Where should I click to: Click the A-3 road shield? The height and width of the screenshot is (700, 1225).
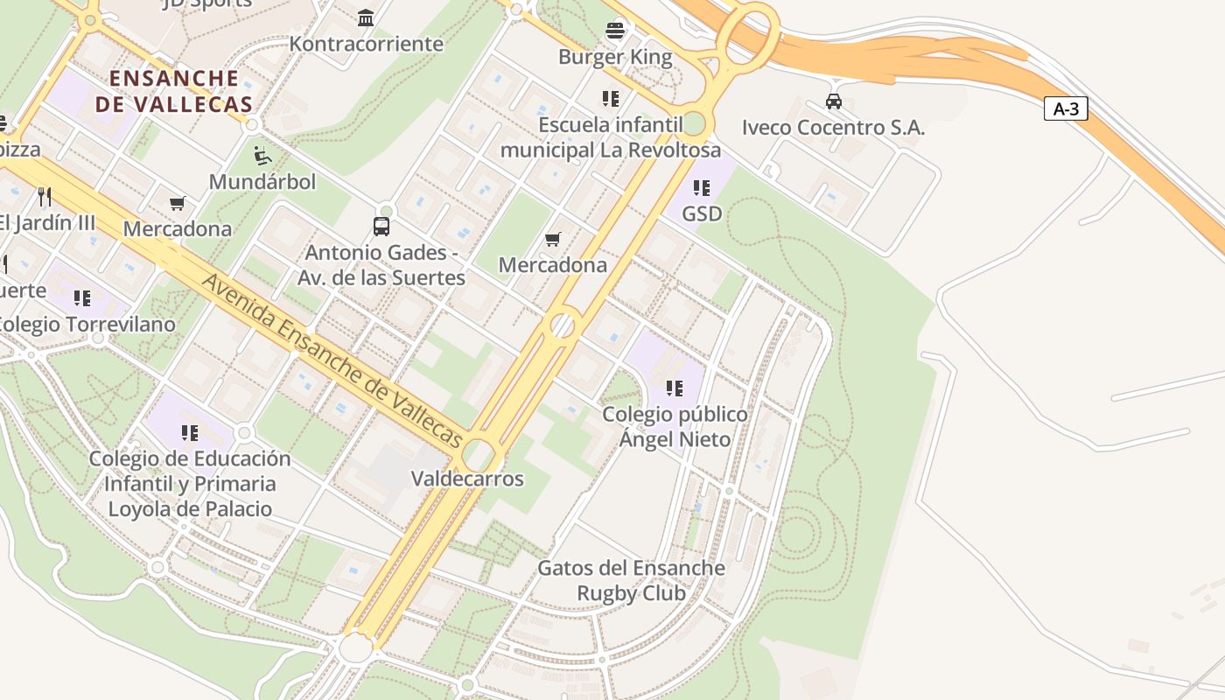coord(1066,109)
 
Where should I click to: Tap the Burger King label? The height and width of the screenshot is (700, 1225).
coord(615,58)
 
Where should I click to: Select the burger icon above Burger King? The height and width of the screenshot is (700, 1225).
coord(615,31)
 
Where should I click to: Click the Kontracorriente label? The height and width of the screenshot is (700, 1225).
coord(366,44)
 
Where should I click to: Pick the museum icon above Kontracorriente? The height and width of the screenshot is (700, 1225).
coord(366,17)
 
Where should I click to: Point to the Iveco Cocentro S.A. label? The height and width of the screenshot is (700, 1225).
coord(833,128)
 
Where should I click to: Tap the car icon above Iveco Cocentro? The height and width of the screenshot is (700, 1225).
coord(833,101)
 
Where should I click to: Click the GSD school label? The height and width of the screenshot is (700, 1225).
coord(702,213)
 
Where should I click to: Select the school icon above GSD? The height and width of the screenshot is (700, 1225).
coord(701,187)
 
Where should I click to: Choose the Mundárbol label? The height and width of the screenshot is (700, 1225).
coord(262,182)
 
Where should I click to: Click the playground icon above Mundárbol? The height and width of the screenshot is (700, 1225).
coord(262,157)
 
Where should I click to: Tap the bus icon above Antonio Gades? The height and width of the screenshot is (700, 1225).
coord(381,227)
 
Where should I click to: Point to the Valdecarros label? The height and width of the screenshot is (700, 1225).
coord(467,479)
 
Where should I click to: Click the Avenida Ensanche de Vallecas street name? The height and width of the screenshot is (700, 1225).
coord(332,360)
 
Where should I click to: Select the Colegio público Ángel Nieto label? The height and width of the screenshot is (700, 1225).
coord(675,426)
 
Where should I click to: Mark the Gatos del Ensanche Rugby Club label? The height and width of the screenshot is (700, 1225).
coord(631,580)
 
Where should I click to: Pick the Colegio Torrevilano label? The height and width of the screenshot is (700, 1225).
coord(83,324)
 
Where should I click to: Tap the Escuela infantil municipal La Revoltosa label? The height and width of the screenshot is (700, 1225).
coord(611,137)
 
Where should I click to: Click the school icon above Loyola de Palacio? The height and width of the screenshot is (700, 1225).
coord(190,432)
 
